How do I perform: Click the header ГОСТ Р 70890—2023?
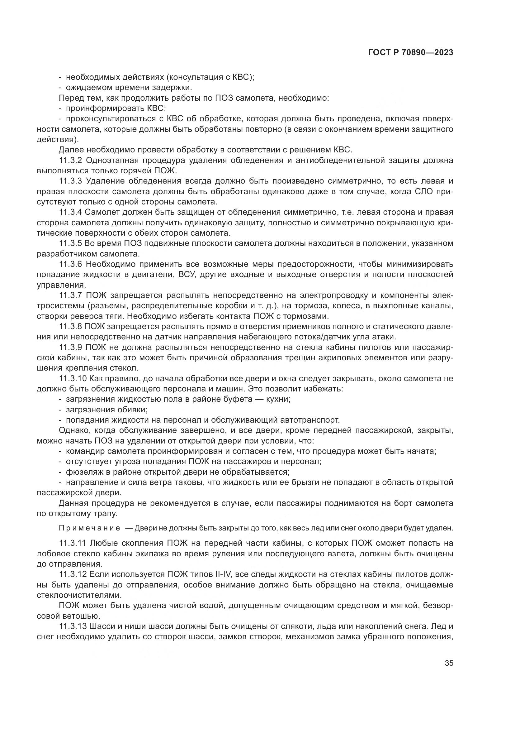[x=410, y=53]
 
